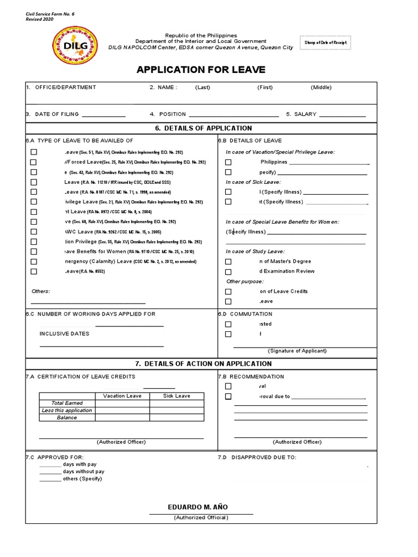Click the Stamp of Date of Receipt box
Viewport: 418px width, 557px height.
coord(325,43)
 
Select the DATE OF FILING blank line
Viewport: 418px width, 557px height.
coord(103,115)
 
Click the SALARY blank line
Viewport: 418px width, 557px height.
coord(342,115)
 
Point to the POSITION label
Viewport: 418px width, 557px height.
coord(172,114)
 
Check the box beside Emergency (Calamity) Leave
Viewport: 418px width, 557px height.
coord(34,262)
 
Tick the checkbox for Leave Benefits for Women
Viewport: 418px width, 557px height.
coord(34,251)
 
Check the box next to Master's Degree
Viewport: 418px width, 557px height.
coord(228,262)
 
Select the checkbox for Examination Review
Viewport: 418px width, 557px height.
coord(228,271)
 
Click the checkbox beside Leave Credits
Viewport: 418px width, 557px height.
coord(228,292)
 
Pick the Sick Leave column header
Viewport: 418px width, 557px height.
coord(177,396)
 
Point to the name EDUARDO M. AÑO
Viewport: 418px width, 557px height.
coord(198,507)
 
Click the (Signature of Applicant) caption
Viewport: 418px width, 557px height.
coord(297,351)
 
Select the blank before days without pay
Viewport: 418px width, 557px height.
coord(50,472)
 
